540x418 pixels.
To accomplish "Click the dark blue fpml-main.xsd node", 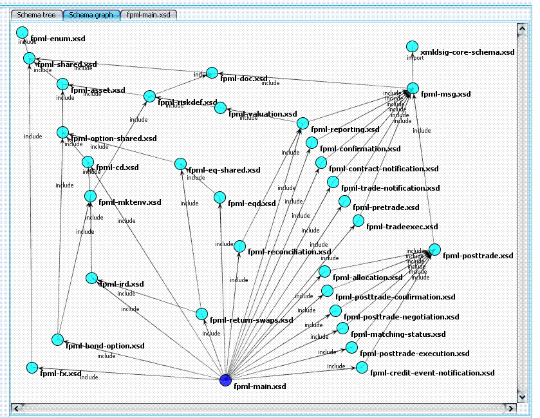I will coord(225,380).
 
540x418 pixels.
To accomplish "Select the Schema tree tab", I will coord(36,14).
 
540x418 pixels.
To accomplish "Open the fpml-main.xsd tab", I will coord(148,14).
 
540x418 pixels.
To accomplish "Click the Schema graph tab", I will coord(91,14).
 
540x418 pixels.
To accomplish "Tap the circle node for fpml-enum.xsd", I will coord(23,32).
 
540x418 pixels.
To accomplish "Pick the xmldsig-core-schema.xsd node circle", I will coord(413,46).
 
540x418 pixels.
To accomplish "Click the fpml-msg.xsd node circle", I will coord(413,88).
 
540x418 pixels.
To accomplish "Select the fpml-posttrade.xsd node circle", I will coord(434,249).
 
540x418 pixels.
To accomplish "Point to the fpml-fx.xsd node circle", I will coord(32,367).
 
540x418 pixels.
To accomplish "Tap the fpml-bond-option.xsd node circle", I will coord(57,339).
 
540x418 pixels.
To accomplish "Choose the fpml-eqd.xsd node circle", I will coord(219,196).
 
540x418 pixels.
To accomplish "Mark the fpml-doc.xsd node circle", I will coord(212,72).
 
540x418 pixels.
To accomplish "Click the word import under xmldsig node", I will coord(415,58).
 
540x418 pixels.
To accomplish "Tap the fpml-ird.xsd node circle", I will coord(91,278).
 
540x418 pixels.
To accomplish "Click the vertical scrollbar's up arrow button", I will coord(523,29).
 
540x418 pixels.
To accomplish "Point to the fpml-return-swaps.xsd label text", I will coord(251,320).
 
